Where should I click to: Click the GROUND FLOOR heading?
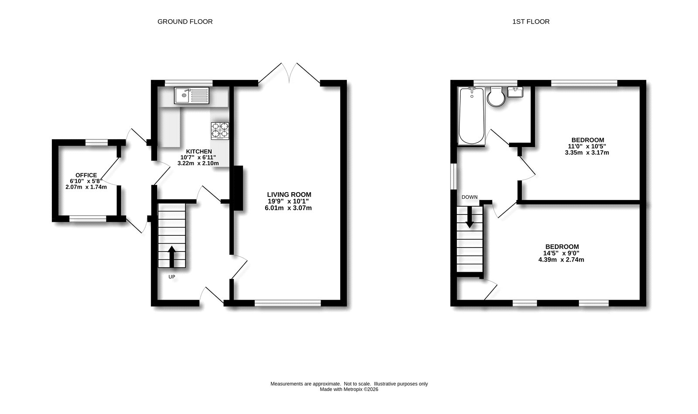pyautogui.click(x=185, y=21)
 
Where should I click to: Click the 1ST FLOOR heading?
pyautogui.click(x=531, y=21)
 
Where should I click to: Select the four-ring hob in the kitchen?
pyautogui.click(x=220, y=131)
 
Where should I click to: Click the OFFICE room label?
pyautogui.click(x=86, y=175)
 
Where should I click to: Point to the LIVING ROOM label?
pyautogui.click(x=289, y=194)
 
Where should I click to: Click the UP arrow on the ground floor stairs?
pyautogui.click(x=171, y=256)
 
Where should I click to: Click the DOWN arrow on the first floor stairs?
pyautogui.click(x=469, y=217)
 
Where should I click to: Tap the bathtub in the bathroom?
pyautogui.click(x=471, y=116)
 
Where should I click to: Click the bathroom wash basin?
pyautogui.click(x=516, y=93)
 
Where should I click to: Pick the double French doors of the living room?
pyautogui.click(x=289, y=73)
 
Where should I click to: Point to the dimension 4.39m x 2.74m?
pyautogui.click(x=561, y=259)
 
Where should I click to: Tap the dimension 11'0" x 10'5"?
pyautogui.click(x=587, y=146)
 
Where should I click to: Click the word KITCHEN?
pyautogui.click(x=199, y=151)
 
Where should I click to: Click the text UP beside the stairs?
pyautogui.click(x=172, y=276)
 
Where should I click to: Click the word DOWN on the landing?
pyautogui.click(x=469, y=197)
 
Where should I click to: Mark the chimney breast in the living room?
pyautogui.click(x=238, y=189)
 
